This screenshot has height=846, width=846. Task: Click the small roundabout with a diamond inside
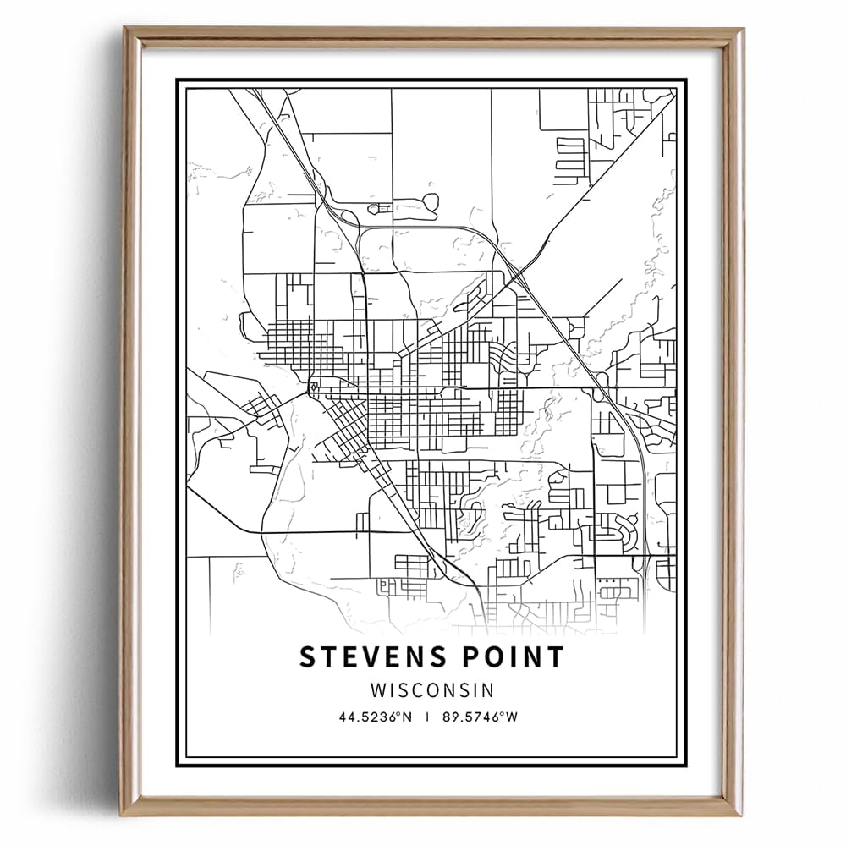click(x=315, y=387)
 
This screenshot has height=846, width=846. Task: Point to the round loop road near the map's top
click(x=430, y=202)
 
